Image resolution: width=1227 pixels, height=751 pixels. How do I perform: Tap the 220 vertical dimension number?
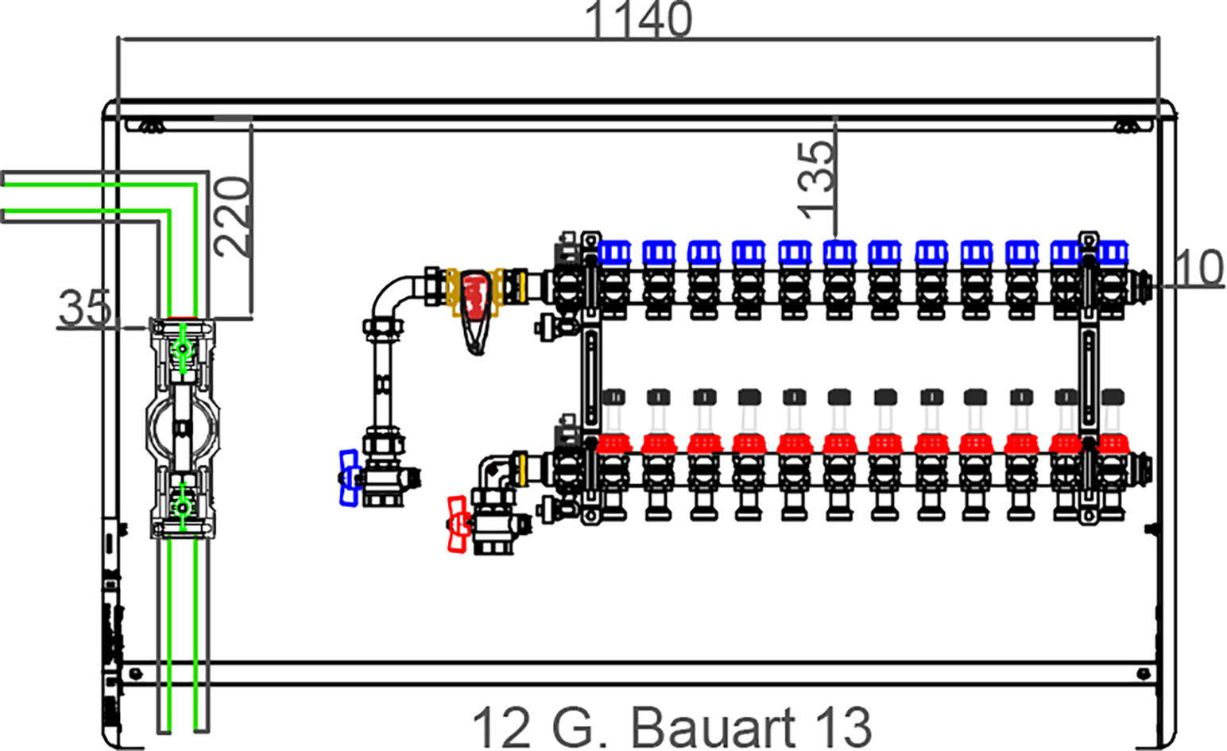click(x=232, y=217)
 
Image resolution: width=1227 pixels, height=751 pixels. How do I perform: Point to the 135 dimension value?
click(x=815, y=180)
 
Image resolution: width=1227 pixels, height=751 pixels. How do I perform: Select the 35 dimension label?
click(x=84, y=308)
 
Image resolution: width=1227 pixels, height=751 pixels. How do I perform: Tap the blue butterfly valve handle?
click(x=349, y=478)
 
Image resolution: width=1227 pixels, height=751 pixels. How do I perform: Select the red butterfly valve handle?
click(x=459, y=525)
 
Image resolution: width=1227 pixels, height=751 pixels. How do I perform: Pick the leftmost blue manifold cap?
click(x=614, y=252)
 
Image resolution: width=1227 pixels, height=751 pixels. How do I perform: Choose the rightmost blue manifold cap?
click(x=1112, y=252)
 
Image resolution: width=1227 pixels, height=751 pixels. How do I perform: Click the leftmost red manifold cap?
click(x=613, y=443)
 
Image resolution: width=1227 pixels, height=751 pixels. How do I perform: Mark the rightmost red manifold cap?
click(x=1112, y=443)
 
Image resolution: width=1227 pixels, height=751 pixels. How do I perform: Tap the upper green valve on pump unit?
click(x=182, y=348)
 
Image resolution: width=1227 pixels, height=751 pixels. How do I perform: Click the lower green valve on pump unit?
click(x=182, y=507)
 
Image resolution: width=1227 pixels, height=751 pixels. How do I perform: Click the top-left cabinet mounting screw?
click(x=153, y=127)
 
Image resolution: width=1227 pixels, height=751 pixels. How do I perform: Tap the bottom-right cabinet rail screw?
click(x=1144, y=673)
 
